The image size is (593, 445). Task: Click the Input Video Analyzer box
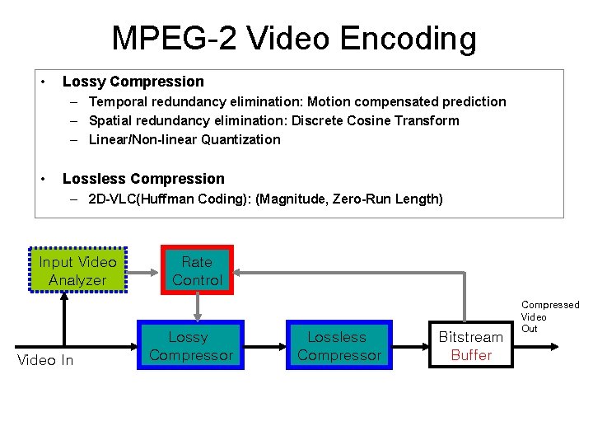click(x=78, y=271)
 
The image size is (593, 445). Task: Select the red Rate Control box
click(x=197, y=271)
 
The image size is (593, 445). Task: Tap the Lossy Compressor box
click(x=191, y=346)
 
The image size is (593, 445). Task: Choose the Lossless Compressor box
click(x=339, y=346)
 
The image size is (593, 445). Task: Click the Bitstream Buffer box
click(x=470, y=346)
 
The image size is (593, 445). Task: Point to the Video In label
click(x=45, y=360)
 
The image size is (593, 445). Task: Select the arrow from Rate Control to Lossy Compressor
click(x=197, y=307)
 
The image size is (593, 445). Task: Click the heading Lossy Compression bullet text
click(x=133, y=82)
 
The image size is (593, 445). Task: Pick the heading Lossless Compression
click(x=142, y=179)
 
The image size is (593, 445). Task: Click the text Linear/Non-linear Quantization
click(x=184, y=139)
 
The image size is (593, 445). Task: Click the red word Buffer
click(x=470, y=355)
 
